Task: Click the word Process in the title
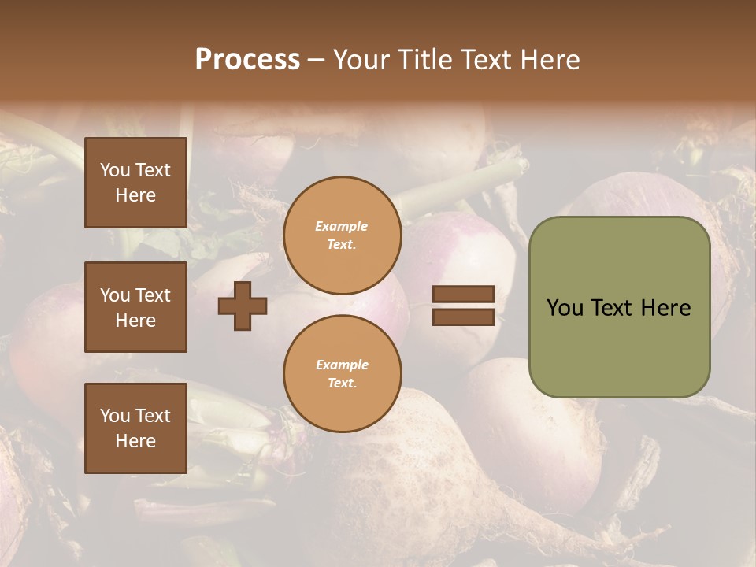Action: click(247, 60)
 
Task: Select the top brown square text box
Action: click(135, 183)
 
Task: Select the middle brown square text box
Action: click(135, 307)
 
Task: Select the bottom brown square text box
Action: click(135, 428)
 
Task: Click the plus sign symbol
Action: click(243, 306)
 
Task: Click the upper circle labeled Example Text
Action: click(342, 235)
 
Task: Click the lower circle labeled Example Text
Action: click(342, 374)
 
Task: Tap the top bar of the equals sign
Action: click(463, 294)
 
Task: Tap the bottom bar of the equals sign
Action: click(463, 317)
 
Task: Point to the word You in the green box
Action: click(565, 308)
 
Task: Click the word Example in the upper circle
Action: click(342, 226)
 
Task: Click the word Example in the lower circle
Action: click(342, 365)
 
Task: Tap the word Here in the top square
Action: click(135, 195)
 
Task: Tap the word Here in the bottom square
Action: click(135, 441)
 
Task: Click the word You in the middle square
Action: click(115, 295)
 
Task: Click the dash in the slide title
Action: click(316, 61)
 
